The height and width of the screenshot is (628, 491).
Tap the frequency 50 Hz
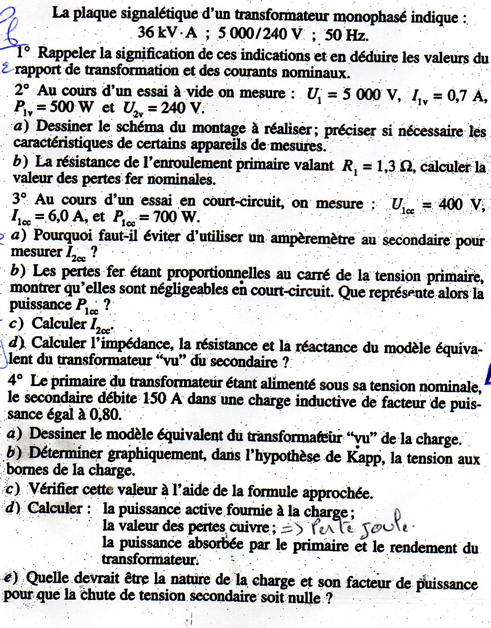pyautogui.click(x=346, y=35)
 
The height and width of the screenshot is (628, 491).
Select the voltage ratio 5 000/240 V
pyautogui.click(x=260, y=34)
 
